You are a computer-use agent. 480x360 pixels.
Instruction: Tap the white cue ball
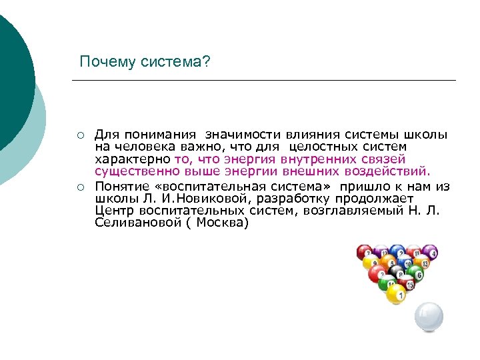click(x=428, y=317)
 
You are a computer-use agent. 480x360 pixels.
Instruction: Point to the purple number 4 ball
click(x=431, y=253)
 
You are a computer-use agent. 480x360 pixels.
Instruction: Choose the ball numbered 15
click(x=408, y=284)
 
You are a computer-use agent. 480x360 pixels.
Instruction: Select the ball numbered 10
click(x=407, y=262)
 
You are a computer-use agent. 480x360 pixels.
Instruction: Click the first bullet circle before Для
click(x=79, y=135)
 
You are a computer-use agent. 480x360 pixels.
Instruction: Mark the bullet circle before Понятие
click(x=79, y=186)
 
